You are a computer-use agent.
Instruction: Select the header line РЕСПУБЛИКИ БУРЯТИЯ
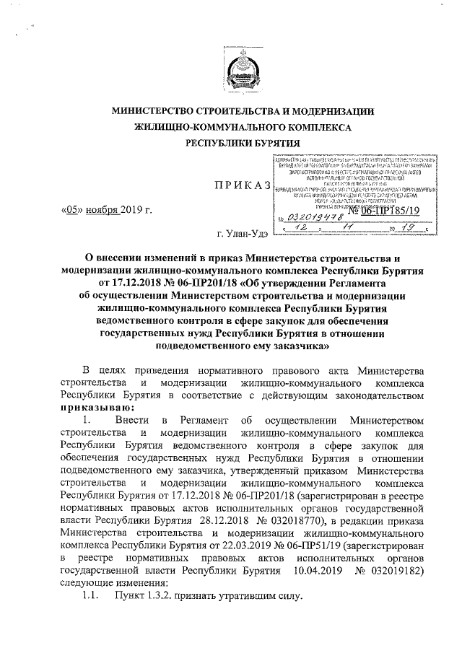coord(230,144)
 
